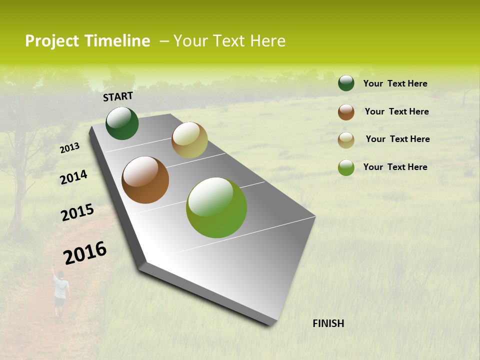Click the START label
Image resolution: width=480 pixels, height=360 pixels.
click(x=118, y=96)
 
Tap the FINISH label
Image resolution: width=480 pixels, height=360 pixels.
click(x=328, y=323)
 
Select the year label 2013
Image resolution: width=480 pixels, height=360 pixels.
click(x=69, y=148)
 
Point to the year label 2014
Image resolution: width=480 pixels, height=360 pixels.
click(x=73, y=177)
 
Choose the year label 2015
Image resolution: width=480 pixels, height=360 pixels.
click(x=77, y=212)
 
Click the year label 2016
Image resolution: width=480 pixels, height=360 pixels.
click(x=85, y=252)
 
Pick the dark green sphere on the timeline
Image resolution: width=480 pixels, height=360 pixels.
click(x=122, y=123)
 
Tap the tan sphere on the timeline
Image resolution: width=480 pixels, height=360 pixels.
click(x=189, y=140)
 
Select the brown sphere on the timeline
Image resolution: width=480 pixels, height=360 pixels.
click(x=145, y=180)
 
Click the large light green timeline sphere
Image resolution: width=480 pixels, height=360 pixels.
click(x=216, y=207)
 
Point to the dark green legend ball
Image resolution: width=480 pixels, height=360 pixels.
click(x=346, y=83)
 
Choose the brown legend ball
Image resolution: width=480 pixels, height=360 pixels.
click(x=346, y=112)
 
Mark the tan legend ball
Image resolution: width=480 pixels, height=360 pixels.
click(x=346, y=140)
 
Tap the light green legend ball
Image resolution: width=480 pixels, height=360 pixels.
click(x=346, y=167)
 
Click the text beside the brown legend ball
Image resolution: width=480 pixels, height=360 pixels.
click(x=396, y=111)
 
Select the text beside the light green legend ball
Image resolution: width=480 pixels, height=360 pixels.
click(x=395, y=167)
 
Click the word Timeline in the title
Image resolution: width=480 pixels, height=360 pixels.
click(x=117, y=41)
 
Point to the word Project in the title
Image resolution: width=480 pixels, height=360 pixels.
click(x=52, y=41)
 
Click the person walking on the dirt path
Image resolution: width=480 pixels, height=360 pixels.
click(x=60, y=295)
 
